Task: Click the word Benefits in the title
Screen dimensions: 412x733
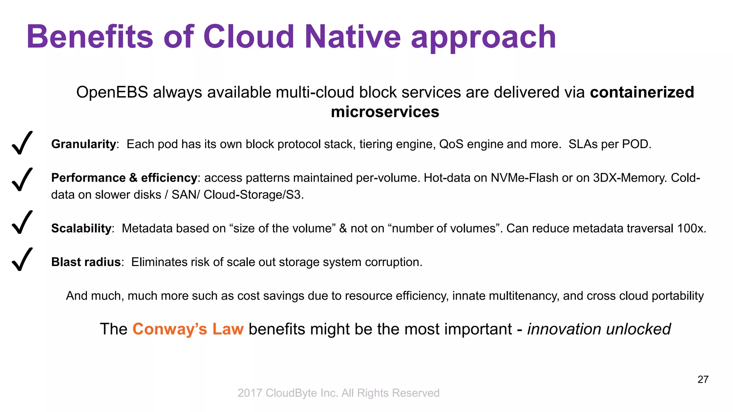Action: click(x=90, y=37)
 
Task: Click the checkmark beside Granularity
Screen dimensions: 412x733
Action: click(x=22, y=143)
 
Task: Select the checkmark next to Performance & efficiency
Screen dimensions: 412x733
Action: click(x=22, y=180)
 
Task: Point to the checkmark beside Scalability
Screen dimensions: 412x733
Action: click(x=22, y=222)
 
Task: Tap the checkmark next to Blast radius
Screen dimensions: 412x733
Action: click(x=22, y=260)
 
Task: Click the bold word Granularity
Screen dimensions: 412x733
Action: click(x=83, y=144)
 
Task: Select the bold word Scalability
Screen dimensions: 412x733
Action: click(x=81, y=228)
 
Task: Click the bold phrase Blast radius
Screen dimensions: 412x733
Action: click(x=86, y=262)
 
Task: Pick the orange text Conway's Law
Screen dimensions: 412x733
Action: click(x=188, y=329)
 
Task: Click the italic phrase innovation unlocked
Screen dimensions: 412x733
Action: click(x=599, y=329)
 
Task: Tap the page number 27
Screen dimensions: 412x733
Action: click(x=703, y=379)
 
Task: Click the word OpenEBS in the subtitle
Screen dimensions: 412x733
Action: click(x=112, y=93)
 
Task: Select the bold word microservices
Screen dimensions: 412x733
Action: click(x=385, y=112)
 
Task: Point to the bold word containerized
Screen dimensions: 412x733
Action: click(x=642, y=92)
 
